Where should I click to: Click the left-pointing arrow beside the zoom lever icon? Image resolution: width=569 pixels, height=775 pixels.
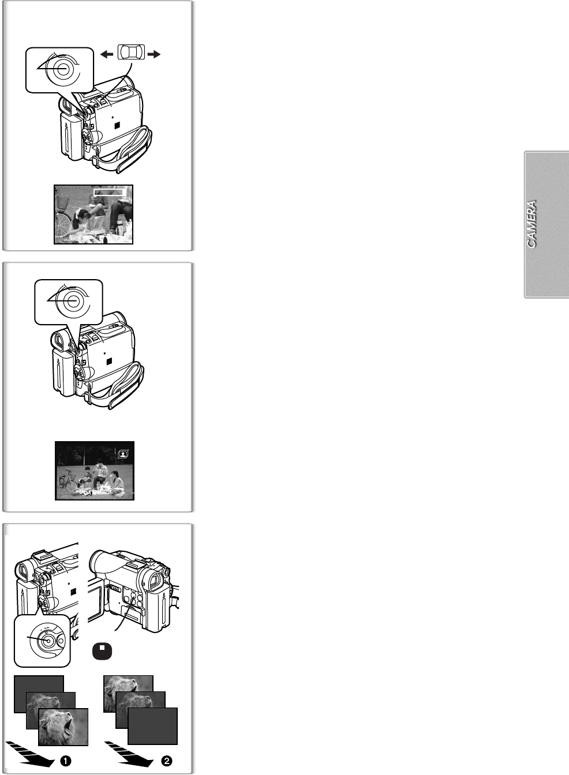coord(107,54)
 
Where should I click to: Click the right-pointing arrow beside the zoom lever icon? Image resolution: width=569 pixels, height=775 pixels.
coord(154,54)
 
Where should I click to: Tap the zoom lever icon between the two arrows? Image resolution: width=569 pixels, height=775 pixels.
coord(131,52)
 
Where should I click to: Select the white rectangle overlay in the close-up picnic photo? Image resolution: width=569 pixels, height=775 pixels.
coord(108,192)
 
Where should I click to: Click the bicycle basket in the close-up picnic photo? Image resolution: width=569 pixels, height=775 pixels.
coord(62,202)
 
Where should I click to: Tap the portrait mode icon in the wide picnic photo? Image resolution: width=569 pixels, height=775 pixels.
coord(123,454)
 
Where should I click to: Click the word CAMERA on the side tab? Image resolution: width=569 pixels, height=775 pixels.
coord(531,224)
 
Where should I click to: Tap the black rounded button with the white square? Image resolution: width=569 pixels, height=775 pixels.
coord(102,651)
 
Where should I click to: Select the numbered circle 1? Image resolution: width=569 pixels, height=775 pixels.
coord(65,761)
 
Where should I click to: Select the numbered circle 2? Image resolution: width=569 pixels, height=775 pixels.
coord(167,761)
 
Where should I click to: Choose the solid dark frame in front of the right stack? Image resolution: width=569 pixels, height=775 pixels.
coord(153,726)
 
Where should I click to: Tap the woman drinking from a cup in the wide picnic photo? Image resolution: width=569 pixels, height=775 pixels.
coord(117,481)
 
